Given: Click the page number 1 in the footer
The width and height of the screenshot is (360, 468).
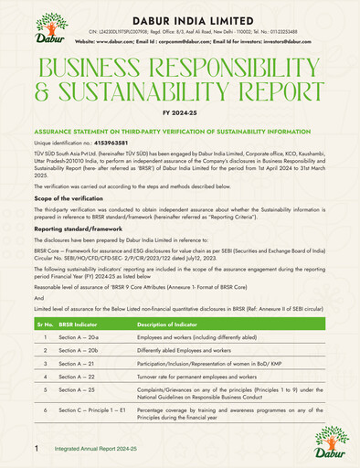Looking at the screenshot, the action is click(x=37, y=450).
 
